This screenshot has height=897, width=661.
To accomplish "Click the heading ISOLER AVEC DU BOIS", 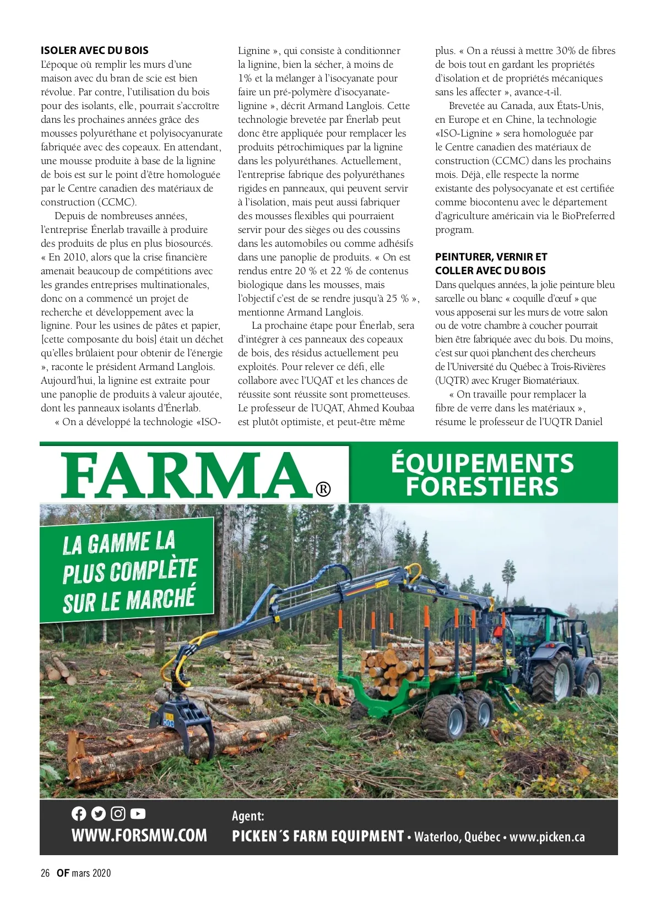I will (95, 51).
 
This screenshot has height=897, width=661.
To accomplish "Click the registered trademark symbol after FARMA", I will (323, 489).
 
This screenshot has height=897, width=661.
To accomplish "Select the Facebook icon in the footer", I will (79, 813).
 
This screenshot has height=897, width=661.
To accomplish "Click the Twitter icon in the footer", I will (98, 813).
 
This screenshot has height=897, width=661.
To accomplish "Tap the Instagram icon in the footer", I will (118, 813).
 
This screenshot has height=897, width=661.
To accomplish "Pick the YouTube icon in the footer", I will (138, 813).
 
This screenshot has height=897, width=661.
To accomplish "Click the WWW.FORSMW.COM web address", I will (139, 835).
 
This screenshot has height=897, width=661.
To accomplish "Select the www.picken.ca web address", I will (547, 837).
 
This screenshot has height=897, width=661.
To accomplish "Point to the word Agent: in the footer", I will (248, 816).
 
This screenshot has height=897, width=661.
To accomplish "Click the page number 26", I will (45, 873).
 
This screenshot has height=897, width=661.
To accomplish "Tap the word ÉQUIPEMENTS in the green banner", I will (483, 464).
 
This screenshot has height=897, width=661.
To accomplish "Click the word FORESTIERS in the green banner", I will (483, 487).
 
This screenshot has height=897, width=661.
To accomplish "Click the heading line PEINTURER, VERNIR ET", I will (491, 257).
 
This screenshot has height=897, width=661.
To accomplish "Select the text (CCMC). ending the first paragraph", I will (117, 202).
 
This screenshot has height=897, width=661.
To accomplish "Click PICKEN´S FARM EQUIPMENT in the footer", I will (318, 836).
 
